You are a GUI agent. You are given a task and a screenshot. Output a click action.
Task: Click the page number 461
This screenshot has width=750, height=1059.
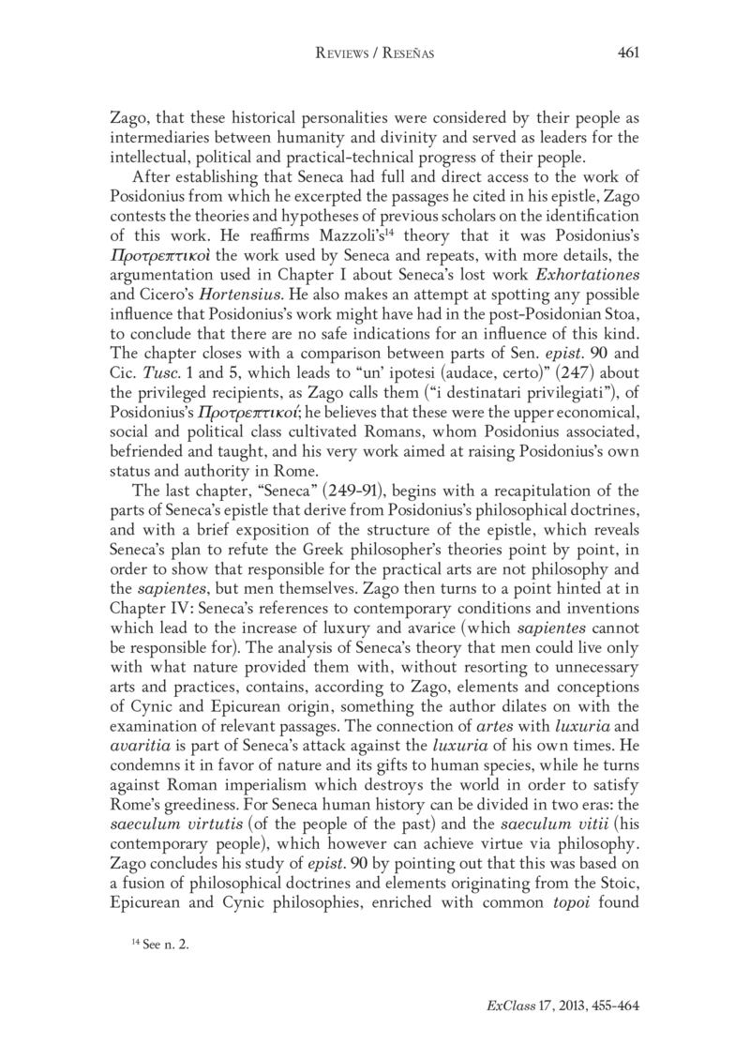[628, 53]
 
